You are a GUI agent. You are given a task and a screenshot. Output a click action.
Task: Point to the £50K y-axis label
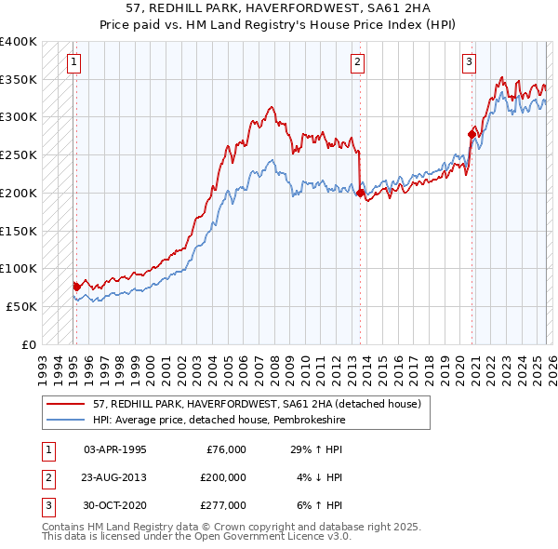pos(21,306)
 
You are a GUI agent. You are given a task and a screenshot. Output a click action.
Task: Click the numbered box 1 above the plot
pos(73,62)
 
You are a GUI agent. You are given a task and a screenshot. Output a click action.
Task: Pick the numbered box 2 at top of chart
pos(357,62)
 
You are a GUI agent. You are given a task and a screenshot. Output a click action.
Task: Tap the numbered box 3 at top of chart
pos(470,62)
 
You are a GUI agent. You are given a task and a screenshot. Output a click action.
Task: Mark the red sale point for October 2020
pos(472,135)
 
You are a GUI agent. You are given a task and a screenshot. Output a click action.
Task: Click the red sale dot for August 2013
pos(360,193)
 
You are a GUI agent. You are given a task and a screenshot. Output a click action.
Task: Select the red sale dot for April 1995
pos(76,287)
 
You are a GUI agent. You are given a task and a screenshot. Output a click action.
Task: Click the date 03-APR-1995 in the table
pos(114,449)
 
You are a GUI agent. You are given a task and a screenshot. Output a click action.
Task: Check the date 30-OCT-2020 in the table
pos(114,505)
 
